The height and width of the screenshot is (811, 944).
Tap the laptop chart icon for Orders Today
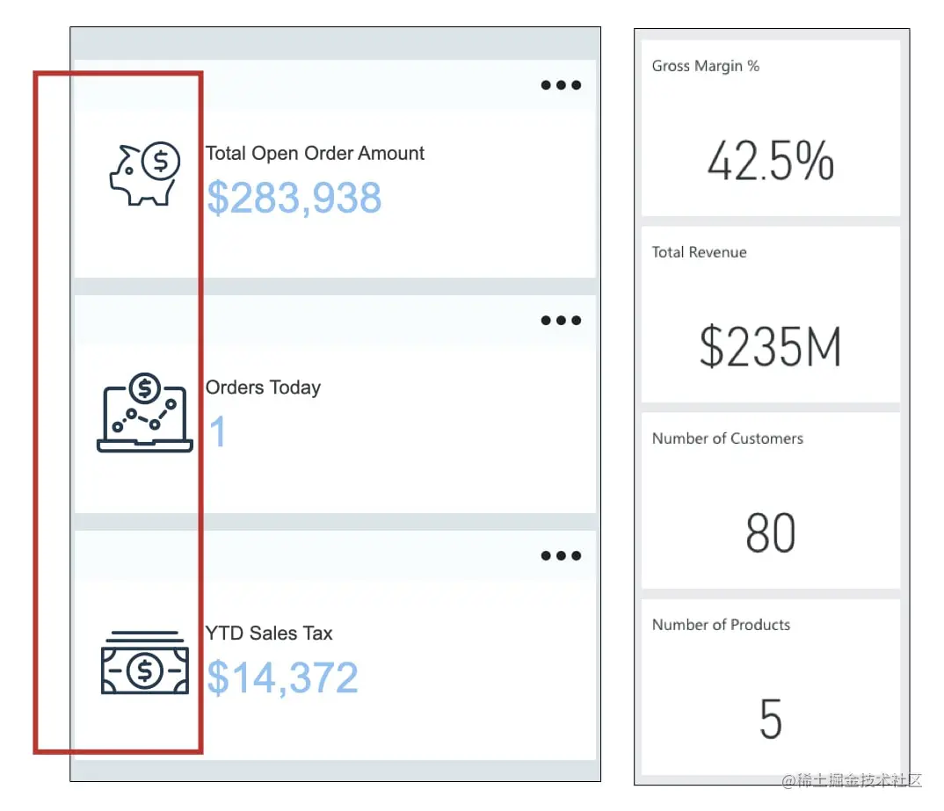[x=144, y=413]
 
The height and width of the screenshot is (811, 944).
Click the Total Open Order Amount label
[x=315, y=154]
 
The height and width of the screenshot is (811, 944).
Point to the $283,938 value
[x=294, y=199]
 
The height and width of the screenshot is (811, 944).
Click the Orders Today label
[x=263, y=387]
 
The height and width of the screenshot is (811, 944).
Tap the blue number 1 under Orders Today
[x=217, y=432]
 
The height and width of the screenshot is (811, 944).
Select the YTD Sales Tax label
[x=269, y=634]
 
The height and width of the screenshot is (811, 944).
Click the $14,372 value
[x=282, y=678]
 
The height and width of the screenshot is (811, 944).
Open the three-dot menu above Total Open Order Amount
[x=561, y=85]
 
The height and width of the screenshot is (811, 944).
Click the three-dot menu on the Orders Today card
[x=561, y=321]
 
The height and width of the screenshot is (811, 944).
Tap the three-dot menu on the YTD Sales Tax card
[x=561, y=555]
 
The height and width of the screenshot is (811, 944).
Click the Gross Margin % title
[x=705, y=66]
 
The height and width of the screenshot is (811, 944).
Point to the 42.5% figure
[x=770, y=161]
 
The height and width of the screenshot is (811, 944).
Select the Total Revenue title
[x=699, y=252]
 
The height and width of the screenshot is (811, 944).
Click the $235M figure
[x=770, y=347]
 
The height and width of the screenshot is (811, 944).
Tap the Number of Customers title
[x=727, y=438]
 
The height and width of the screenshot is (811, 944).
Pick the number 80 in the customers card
[x=770, y=533]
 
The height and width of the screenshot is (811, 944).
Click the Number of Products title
[x=721, y=625]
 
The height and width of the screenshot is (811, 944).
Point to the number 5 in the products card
[x=770, y=720]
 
